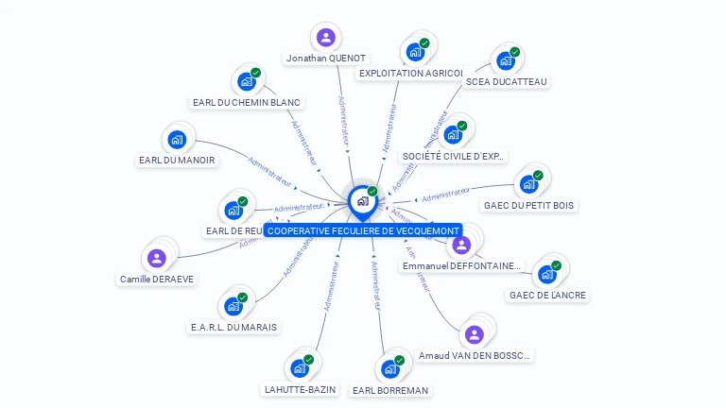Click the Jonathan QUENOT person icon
coord(326,37)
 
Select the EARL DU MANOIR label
coord(177,161)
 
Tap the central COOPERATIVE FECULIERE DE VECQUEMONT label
coord(363,230)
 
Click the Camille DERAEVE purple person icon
coord(156,258)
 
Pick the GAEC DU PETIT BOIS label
coord(529,205)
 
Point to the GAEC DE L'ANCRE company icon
coord(545,275)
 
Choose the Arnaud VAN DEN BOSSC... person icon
coord(474,334)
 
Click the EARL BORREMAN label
coord(389,390)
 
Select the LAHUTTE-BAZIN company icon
coord(300,368)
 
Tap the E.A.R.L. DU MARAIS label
coord(234,327)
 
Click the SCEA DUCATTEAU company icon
coord(505,61)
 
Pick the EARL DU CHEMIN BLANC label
coord(246,102)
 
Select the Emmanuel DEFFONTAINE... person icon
coord(461,245)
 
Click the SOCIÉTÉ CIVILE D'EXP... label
coord(453,156)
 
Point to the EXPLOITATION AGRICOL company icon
coord(413,53)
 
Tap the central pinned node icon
coord(362,200)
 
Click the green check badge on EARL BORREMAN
coord(400,360)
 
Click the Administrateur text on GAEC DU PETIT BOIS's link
coord(445,195)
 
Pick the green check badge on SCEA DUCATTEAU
coord(515,52)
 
